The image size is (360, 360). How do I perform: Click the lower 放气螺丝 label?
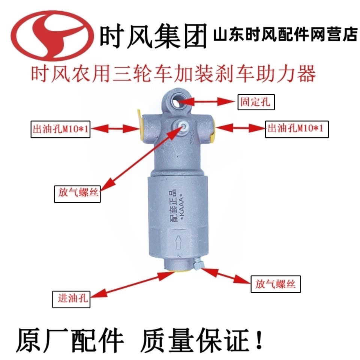click(276, 283)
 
